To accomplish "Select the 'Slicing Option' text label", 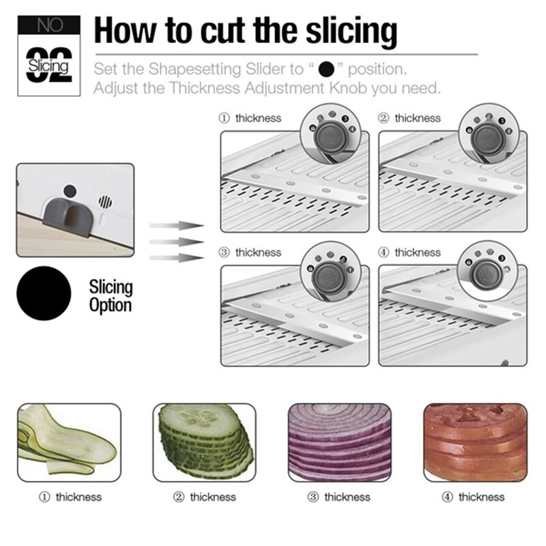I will [x=111, y=295].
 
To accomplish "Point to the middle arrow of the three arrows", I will [x=176, y=241].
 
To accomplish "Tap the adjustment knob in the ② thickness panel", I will [x=489, y=137].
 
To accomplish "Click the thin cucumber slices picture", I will [x=68, y=442].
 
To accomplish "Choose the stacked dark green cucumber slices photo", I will [x=205, y=442].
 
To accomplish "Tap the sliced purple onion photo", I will [x=339, y=442].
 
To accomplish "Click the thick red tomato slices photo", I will [x=475, y=442].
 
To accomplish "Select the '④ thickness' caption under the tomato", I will [x=473, y=497].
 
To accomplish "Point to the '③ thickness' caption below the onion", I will [x=339, y=497].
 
